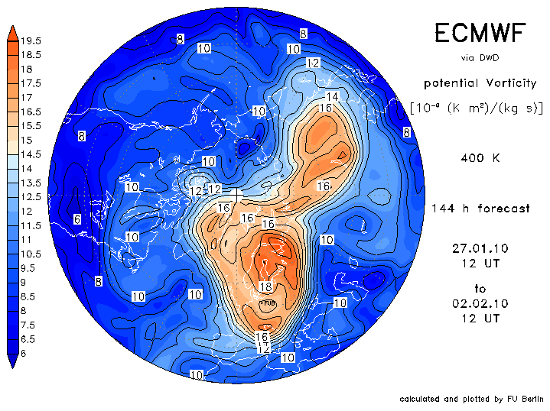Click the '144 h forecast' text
480,208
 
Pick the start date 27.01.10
480,248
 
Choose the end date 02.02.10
480,303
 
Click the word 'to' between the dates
480,289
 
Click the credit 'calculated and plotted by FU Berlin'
471,399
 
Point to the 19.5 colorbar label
31,40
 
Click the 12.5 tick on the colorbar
31,196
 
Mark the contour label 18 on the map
266,286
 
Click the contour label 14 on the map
332,96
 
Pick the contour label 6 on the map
77,219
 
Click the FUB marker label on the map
267,303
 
